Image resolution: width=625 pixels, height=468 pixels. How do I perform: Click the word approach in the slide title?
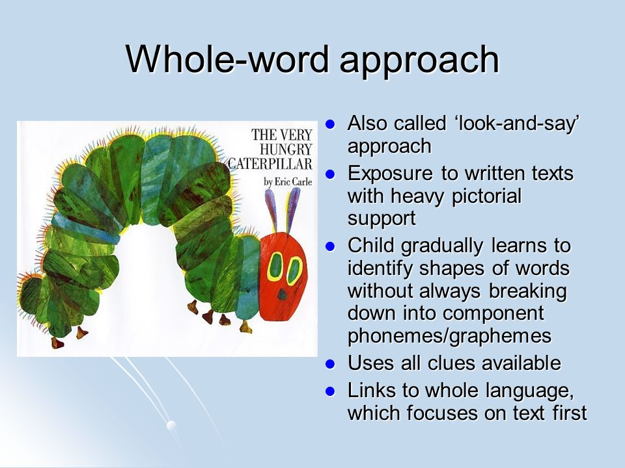(x=419, y=62)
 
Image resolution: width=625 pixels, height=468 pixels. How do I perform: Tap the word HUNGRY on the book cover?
(x=286, y=149)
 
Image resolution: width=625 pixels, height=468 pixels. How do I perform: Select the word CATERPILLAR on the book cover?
(x=270, y=164)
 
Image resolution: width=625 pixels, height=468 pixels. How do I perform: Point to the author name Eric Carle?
(x=293, y=182)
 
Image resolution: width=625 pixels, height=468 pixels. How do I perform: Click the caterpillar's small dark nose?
(x=283, y=294)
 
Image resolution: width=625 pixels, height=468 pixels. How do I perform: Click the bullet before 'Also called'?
(x=329, y=124)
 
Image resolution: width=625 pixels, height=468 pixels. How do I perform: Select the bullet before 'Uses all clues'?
(x=329, y=364)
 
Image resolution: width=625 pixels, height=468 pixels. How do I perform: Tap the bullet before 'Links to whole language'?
(x=329, y=391)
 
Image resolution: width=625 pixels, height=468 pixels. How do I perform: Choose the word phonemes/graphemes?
(x=449, y=336)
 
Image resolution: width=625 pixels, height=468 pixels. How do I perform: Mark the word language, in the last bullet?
(x=530, y=391)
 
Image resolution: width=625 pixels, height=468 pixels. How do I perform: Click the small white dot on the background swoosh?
(x=171, y=425)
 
